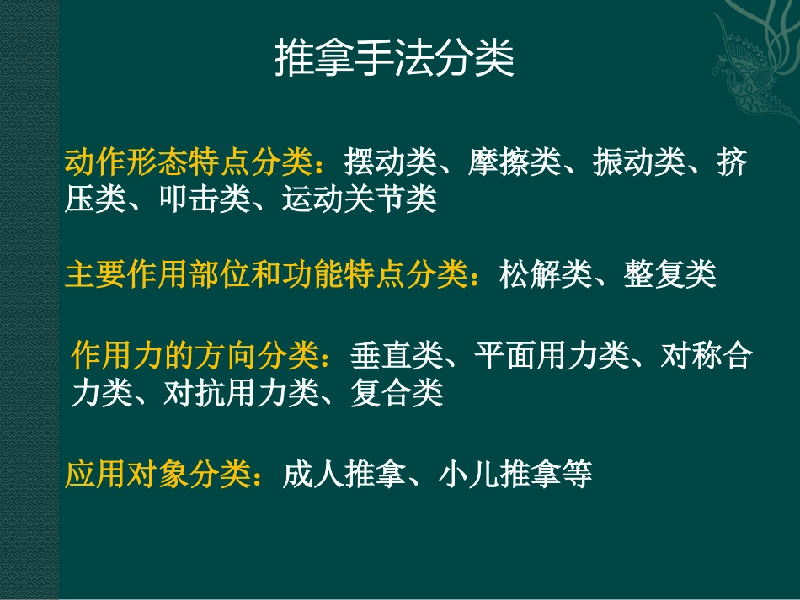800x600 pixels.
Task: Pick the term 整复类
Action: click(670, 274)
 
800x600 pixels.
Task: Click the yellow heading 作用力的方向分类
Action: click(196, 356)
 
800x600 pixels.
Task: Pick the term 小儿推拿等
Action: click(515, 475)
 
